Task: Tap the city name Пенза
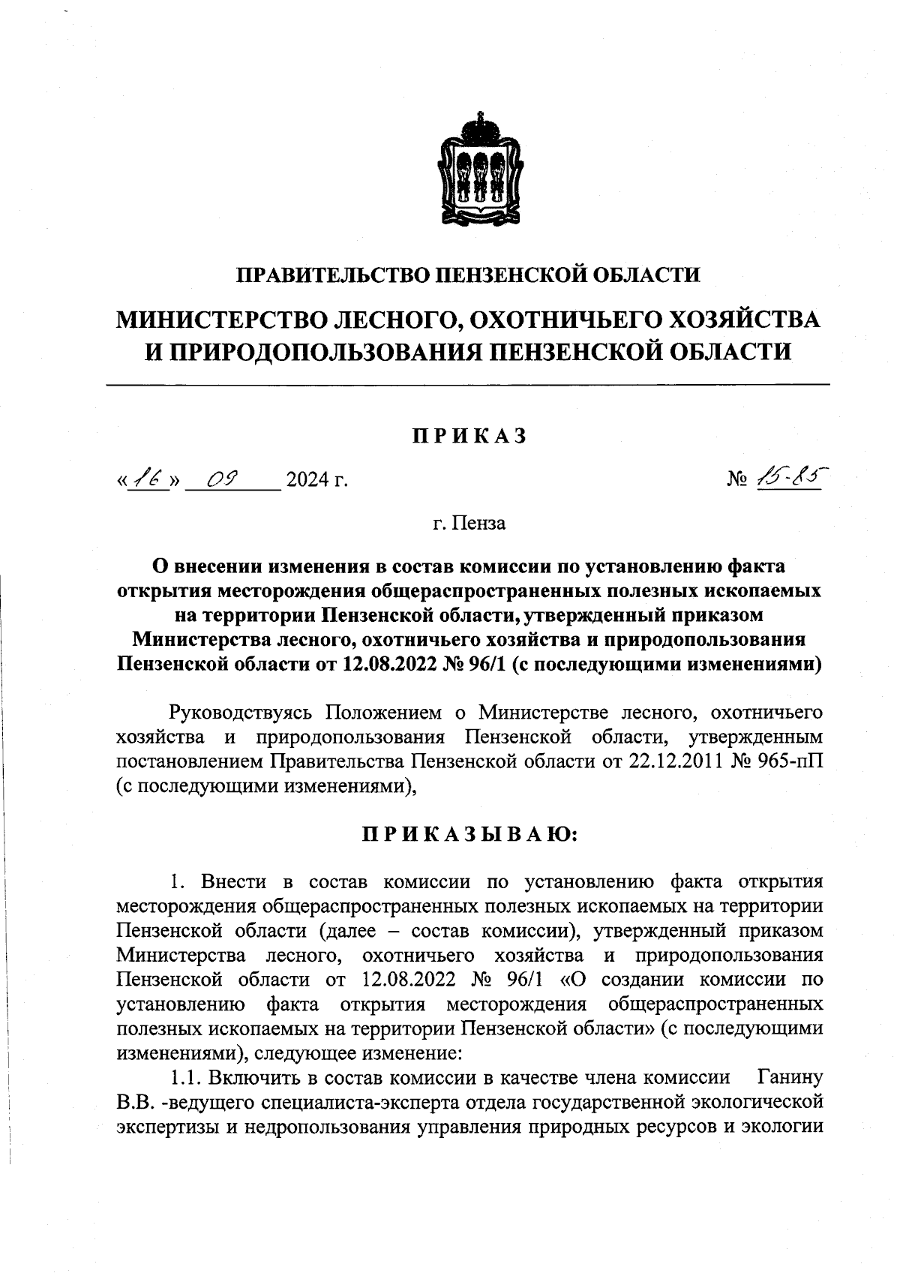tap(480, 523)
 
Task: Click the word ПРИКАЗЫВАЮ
tap(469, 835)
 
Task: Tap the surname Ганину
tap(790, 1078)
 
